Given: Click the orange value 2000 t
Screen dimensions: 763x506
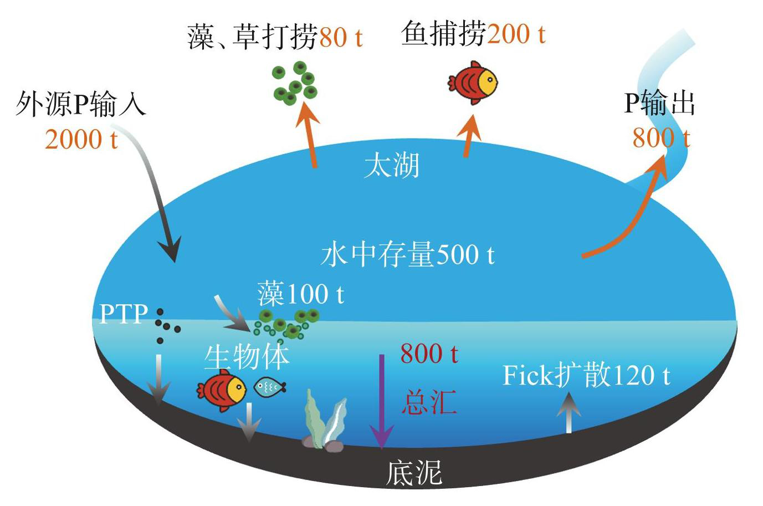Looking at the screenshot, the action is (x=81, y=139).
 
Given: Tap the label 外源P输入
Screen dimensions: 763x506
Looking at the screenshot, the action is (x=81, y=104).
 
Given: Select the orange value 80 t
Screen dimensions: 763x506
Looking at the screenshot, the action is (x=341, y=37).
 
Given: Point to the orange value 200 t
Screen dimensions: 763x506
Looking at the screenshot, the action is (x=516, y=34).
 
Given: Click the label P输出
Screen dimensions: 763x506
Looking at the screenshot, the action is (x=659, y=103).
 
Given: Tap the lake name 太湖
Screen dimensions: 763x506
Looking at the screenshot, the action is (x=392, y=166).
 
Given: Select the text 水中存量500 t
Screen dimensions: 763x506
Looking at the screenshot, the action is (x=407, y=254).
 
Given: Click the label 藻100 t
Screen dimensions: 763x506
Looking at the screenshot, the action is (x=300, y=293).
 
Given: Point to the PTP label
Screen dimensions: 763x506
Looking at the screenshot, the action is (x=124, y=313).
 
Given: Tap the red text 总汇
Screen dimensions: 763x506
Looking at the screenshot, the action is (x=429, y=402).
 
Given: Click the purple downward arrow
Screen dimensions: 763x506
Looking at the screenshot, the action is (x=382, y=402).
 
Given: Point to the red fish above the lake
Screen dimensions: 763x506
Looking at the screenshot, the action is (x=473, y=83).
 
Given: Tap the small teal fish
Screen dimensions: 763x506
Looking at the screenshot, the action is (x=270, y=387).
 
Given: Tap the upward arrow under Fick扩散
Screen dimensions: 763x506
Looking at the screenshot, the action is (x=569, y=413).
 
